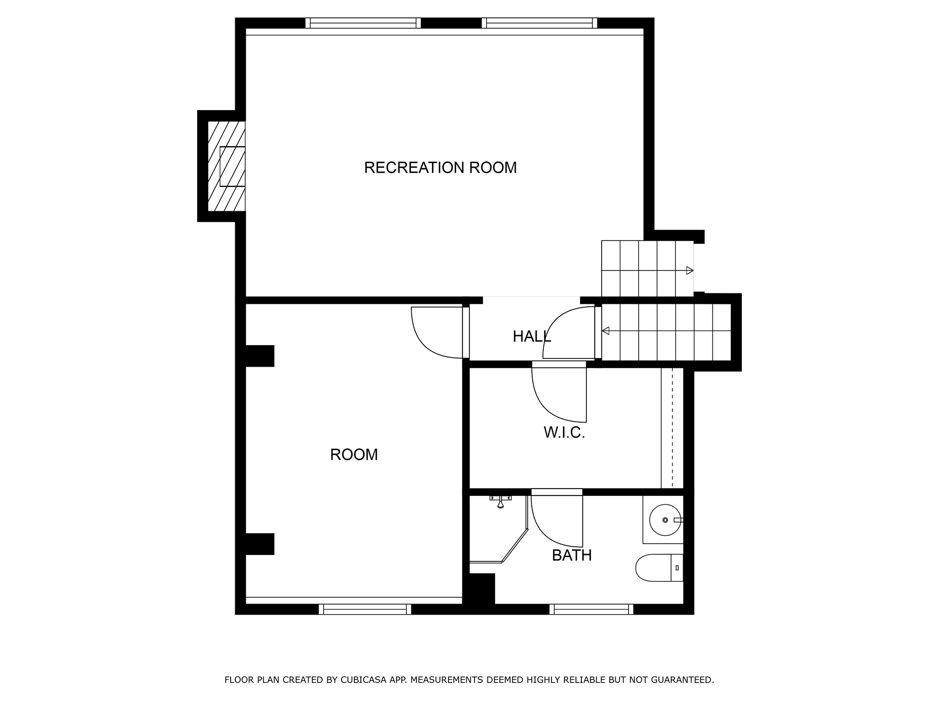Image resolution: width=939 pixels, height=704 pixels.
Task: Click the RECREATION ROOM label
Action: (440, 168)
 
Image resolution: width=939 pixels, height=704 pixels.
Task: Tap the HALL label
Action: (531, 336)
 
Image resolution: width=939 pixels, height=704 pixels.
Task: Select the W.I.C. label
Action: (564, 432)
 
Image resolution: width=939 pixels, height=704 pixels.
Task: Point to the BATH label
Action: (571, 555)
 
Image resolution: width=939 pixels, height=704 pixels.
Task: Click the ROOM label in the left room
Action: (354, 455)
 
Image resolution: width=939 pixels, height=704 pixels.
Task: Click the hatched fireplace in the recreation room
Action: (226, 166)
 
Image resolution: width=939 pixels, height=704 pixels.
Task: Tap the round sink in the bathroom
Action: (665, 520)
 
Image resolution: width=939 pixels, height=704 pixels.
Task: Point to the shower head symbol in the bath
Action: (500, 501)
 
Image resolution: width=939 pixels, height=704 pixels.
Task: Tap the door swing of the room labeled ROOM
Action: (436, 332)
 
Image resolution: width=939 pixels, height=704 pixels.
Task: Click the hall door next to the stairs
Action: (569, 332)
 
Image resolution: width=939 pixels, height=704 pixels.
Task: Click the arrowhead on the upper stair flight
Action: (689, 270)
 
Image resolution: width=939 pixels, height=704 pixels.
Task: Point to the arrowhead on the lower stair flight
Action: (606, 330)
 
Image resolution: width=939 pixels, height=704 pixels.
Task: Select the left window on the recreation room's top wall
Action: (363, 23)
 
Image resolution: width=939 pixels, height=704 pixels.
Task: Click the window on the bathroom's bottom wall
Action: (591, 609)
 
